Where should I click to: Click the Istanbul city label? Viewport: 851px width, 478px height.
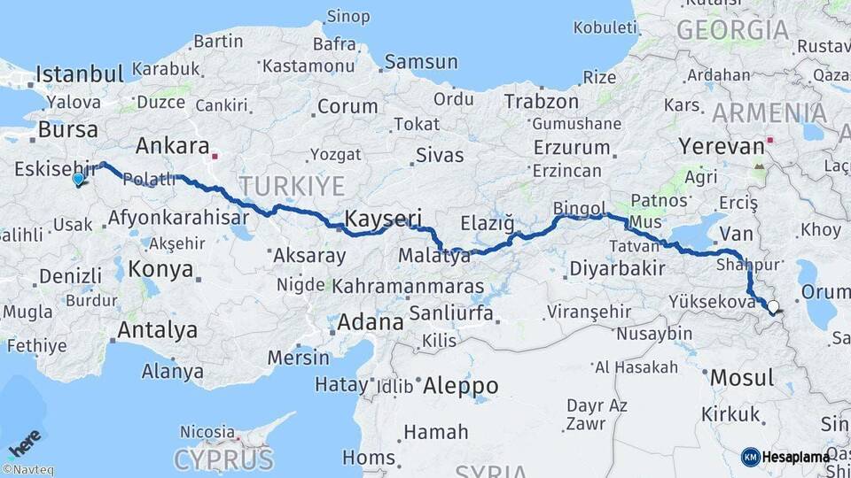tap(79, 73)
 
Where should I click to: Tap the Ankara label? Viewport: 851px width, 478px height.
tap(173, 146)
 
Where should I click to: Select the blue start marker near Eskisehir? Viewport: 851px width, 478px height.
tap(78, 180)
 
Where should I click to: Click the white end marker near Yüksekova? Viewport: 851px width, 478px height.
tap(773, 308)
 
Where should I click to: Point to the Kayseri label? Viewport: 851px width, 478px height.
tap(382, 219)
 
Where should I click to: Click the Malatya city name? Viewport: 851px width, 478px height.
tap(433, 257)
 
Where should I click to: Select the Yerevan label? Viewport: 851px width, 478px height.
tap(721, 145)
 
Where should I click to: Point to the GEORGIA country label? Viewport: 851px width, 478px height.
tap(732, 30)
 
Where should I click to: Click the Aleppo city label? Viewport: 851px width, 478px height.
tap(460, 386)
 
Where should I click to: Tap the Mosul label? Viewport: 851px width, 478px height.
tap(742, 378)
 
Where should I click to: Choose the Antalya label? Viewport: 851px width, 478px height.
tap(159, 331)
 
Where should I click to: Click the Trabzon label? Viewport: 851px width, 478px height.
tap(541, 102)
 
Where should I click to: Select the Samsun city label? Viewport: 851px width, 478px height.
tap(421, 62)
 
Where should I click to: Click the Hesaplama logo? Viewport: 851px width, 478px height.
tap(785, 457)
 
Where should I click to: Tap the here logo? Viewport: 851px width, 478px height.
tap(24, 443)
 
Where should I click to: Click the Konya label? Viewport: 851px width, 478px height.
tap(160, 268)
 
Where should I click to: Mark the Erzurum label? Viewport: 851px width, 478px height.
tap(572, 147)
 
